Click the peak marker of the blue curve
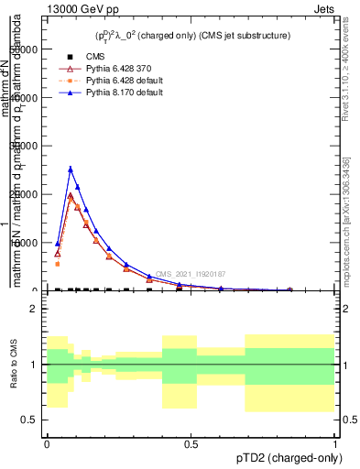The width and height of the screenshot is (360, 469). click(71, 169)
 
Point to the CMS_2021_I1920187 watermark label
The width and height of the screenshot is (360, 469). click(189, 274)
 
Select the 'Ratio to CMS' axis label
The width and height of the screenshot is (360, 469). click(14, 365)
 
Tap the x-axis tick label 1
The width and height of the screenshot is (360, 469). click(335, 442)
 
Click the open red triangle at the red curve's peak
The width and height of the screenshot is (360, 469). click(71, 196)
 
